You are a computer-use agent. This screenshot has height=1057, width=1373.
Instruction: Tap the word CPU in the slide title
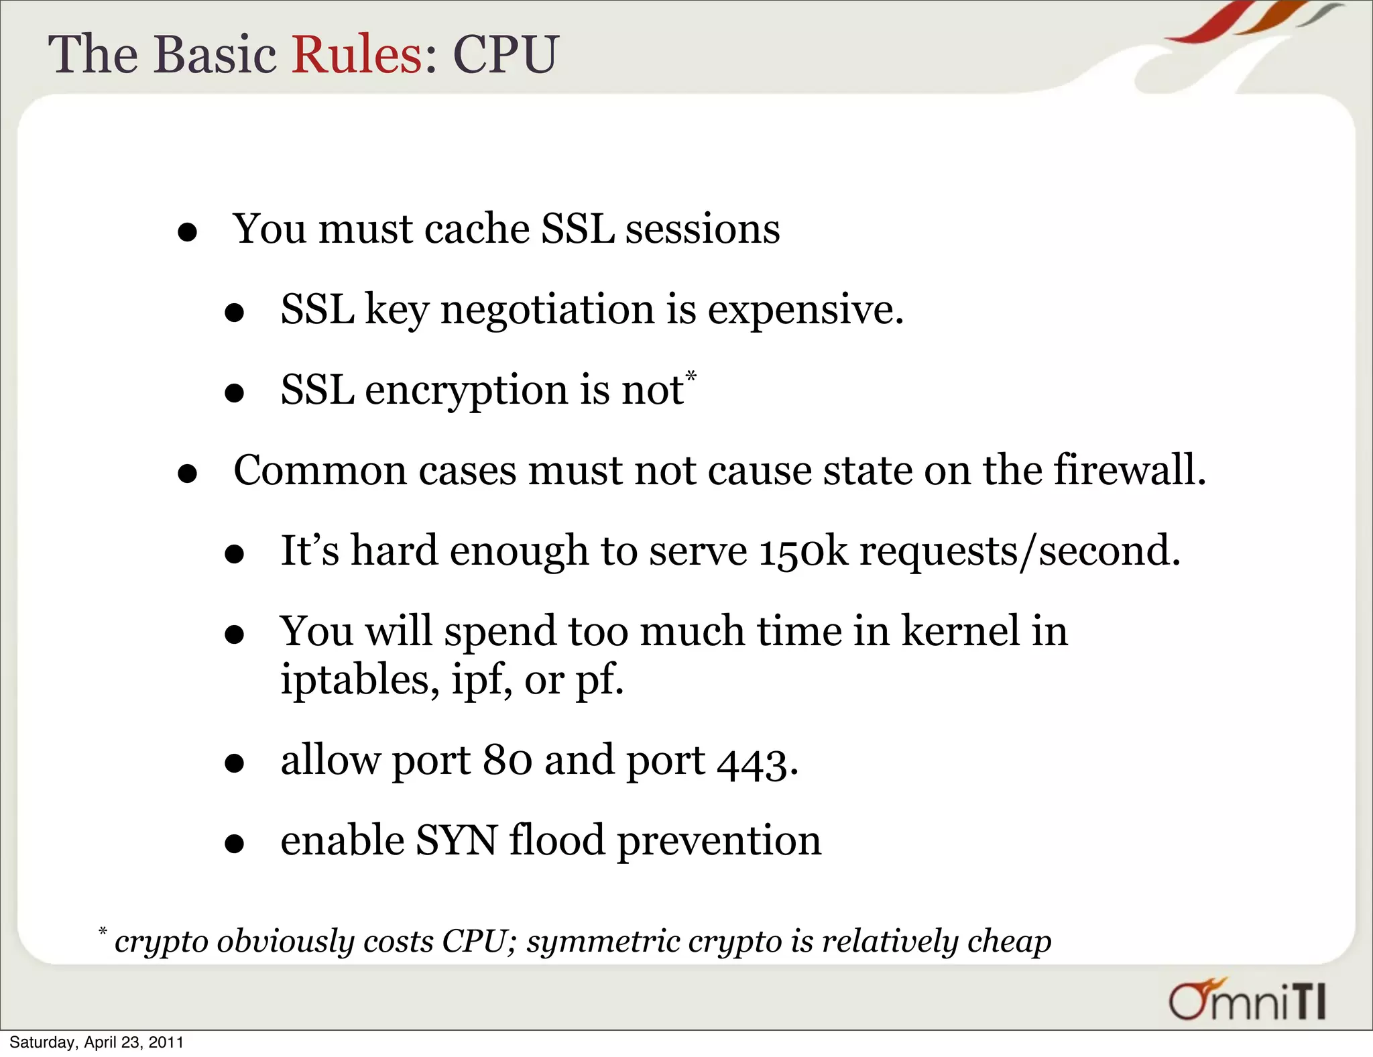click(505, 54)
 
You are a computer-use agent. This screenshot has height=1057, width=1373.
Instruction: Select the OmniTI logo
click(1248, 1000)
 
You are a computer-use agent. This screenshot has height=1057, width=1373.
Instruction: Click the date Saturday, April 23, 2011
click(96, 1042)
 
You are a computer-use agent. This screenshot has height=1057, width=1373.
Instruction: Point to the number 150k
click(803, 551)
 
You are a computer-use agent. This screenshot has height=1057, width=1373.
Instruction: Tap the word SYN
click(456, 840)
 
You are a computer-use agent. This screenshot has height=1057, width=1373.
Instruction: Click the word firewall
click(1129, 470)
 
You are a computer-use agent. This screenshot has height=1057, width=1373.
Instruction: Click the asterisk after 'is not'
click(691, 376)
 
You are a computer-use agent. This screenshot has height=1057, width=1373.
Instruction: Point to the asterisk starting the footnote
click(103, 931)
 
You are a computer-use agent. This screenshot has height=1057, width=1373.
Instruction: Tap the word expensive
click(804, 311)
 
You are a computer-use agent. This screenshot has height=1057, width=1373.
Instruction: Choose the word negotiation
click(547, 311)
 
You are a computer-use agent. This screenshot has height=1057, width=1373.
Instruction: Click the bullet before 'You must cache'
click(187, 233)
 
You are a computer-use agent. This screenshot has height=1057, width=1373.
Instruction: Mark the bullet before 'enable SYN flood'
click(234, 844)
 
